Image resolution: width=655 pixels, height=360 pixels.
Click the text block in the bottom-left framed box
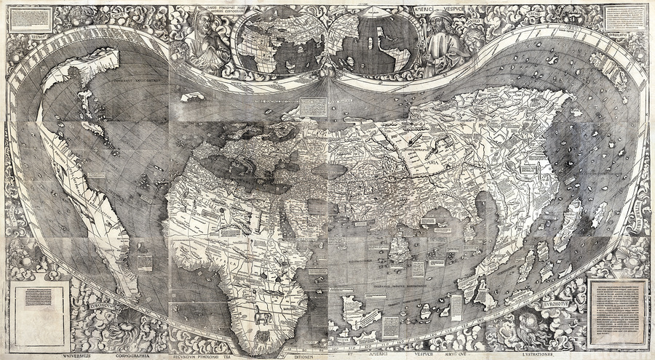[x=40, y=299]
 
